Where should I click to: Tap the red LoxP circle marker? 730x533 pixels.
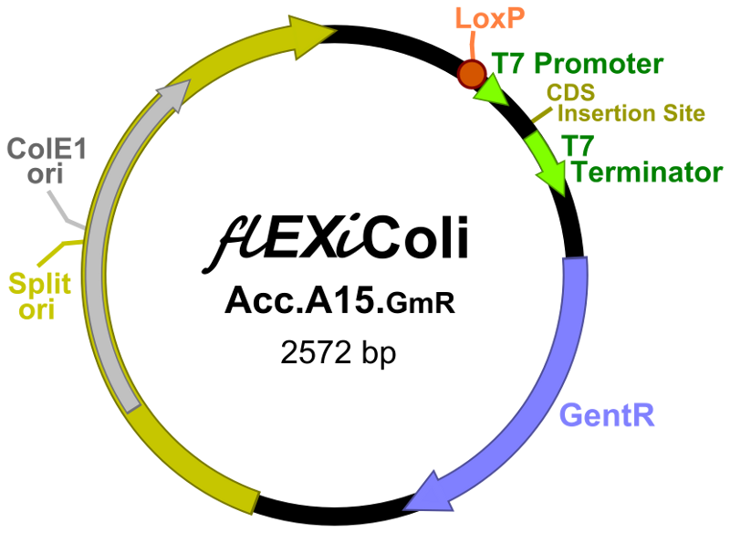pyautogui.click(x=472, y=74)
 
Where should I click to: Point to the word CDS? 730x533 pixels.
pyautogui.click(x=570, y=93)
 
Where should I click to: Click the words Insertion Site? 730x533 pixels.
pyautogui.click(x=631, y=114)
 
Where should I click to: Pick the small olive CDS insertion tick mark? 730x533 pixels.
pyautogui.click(x=542, y=114)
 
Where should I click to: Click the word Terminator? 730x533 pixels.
pyautogui.click(x=646, y=172)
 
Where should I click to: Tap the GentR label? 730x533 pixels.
pyautogui.click(x=608, y=415)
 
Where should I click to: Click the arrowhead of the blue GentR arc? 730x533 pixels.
pyautogui.click(x=422, y=493)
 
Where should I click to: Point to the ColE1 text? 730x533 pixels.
pyautogui.click(x=46, y=149)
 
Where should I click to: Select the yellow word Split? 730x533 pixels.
pyautogui.click(x=39, y=284)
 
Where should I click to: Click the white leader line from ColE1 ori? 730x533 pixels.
pyautogui.click(x=69, y=211)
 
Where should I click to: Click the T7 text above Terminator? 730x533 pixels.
pyautogui.click(x=577, y=145)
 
